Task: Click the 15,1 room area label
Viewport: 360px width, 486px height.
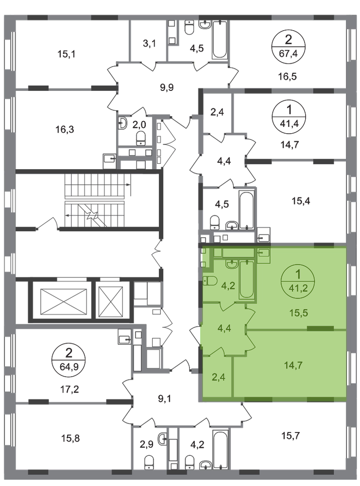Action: [x=67, y=54]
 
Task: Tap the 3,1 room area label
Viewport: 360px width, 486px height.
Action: [x=149, y=43]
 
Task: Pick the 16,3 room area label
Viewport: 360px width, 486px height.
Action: [x=65, y=129]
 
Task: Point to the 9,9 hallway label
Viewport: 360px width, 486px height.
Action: [x=167, y=87]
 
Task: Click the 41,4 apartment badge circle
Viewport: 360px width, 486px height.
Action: [x=289, y=115]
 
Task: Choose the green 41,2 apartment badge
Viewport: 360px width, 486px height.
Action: [x=298, y=280]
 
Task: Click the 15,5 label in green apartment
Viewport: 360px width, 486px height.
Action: [x=299, y=312]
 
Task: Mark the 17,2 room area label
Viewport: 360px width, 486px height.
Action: [x=69, y=389]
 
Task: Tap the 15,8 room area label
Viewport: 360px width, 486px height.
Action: [x=70, y=438]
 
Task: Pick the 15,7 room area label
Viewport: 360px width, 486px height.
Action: [x=291, y=436]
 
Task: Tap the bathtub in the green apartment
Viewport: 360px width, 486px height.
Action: [x=247, y=279]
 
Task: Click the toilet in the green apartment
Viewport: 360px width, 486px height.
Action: [x=210, y=281]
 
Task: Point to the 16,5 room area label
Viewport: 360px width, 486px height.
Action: [x=288, y=76]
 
